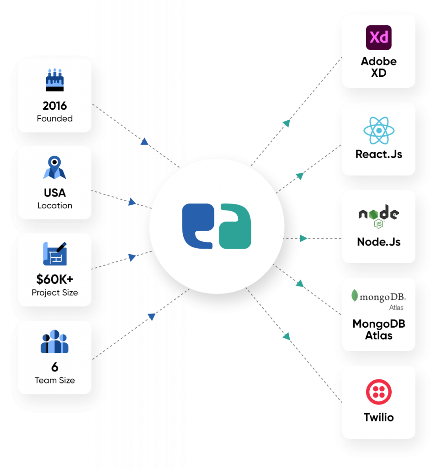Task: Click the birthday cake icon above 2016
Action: [x=55, y=79]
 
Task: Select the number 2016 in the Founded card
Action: [x=55, y=106]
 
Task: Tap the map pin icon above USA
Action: [x=55, y=167]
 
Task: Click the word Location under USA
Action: [x=55, y=206]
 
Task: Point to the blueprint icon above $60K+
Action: [x=55, y=254]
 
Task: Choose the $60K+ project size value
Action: [x=55, y=280]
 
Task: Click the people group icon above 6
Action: [x=54, y=341]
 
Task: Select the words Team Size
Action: [x=55, y=380]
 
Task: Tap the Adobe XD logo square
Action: [x=379, y=37]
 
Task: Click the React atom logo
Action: [x=379, y=131]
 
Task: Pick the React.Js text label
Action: [x=379, y=154]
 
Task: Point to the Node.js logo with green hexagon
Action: [x=379, y=216]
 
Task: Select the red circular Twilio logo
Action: [x=379, y=393]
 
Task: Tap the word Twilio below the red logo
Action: [x=379, y=417]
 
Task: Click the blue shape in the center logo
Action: [x=197, y=226]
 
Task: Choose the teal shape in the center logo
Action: [x=235, y=227]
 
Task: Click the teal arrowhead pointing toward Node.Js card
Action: [x=304, y=238]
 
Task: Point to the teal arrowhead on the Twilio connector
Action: [x=287, y=337]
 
